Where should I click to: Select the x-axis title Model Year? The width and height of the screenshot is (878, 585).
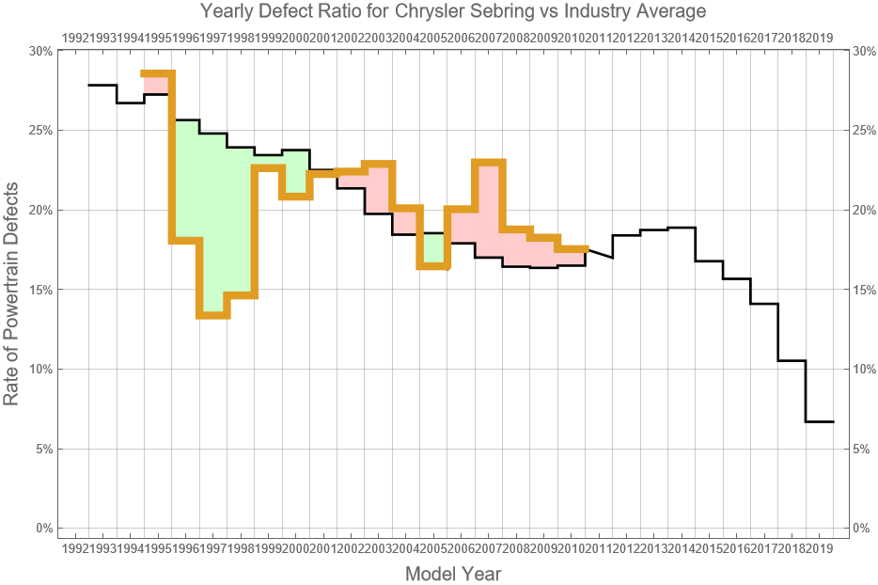[452, 573]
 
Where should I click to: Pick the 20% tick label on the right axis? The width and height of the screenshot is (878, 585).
[863, 210]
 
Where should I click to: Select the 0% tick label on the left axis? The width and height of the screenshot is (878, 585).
[43, 529]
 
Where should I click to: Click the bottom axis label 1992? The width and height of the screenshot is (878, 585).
[75, 548]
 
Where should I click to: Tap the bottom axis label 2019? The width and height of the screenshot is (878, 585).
[819, 548]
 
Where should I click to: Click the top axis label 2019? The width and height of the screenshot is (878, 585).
[819, 38]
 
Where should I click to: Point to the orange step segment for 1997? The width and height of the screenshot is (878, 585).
[213, 315]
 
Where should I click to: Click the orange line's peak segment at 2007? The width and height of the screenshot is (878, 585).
[489, 163]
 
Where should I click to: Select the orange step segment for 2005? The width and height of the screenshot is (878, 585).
[433, 266]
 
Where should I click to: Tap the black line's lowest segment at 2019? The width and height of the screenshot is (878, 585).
[820, 421]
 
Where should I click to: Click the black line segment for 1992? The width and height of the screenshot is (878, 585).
[102, 86]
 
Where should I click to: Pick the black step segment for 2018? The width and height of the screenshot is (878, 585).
[792, 360]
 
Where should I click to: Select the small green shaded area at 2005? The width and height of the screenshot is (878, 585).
[433, 249]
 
